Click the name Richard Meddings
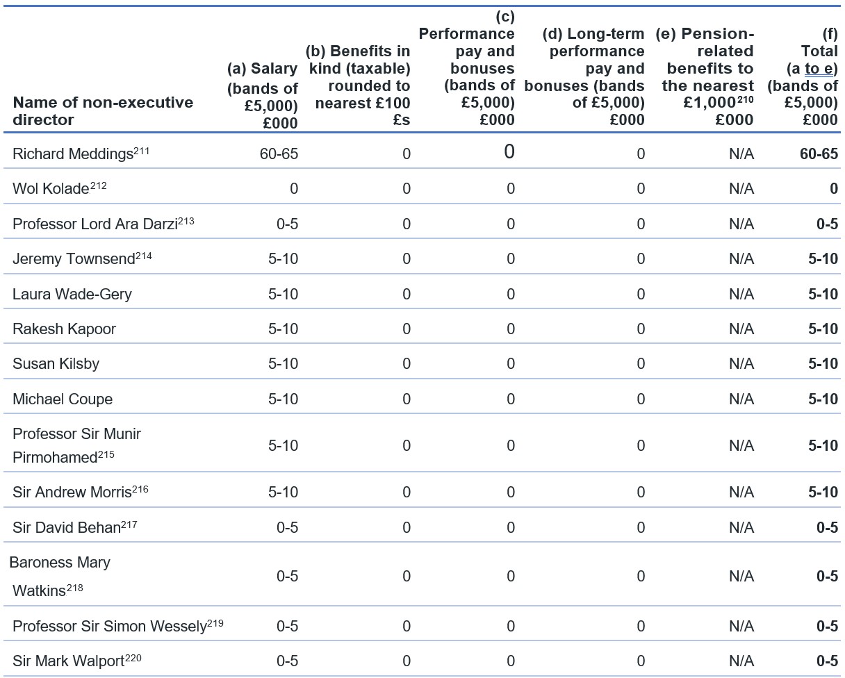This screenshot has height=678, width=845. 73,154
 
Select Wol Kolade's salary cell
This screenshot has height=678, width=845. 294,189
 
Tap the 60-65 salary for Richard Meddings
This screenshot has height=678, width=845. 279,154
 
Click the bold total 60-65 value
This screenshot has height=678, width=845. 819,154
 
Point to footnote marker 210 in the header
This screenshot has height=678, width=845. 746,99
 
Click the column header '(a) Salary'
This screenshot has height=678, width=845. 262,69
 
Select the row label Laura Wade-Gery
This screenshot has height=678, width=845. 72,295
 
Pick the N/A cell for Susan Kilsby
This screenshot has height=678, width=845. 741,364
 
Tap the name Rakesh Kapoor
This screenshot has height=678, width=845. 64,329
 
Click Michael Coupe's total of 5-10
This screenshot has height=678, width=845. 823,399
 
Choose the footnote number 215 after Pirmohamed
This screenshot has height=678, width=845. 106,454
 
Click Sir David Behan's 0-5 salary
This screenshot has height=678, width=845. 288,528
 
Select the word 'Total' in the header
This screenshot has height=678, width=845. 819,51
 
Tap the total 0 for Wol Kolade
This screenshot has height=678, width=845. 834,189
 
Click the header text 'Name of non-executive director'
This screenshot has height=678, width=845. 103,111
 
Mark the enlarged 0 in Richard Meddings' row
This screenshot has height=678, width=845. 509,151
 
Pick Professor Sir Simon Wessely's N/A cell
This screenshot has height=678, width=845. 741,626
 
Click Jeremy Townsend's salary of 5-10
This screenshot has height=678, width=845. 283,259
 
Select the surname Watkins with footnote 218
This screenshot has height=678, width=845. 47,590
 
